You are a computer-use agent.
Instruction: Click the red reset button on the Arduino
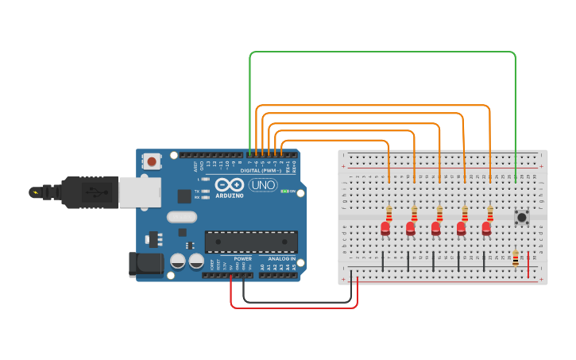pyautogui.click(x=151, y=161)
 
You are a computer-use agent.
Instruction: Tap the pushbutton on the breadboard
pyautogui.click(x=522, y=216)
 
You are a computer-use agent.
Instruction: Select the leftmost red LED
pyautogui.click(x=385, y=228)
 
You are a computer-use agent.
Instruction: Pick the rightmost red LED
pyautogui.click(x=486, y=228)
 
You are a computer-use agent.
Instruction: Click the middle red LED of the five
pyautogui.click(x=436, y=228)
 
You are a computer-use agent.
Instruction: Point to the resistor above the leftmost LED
pyautogui.click(x=389, y=213)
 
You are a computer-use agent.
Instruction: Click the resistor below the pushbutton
pyautogui.click(x=516, y=258)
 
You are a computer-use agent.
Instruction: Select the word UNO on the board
pyautogui.click(x=263, y=185)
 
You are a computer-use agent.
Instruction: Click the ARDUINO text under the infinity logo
pyautogui.click(x=229, y=195)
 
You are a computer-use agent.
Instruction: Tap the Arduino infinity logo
pyautogui.click(x=229, y=184)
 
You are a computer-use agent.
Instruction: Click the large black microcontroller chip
pyautogui.click(x=251, y=242)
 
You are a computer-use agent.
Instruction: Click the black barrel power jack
pyautogui.click(x=145, y=264)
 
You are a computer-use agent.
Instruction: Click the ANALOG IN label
pyautogui.click(x=281, y=259)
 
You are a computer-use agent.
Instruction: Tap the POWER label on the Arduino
pyautogui.click(x=242, y=259)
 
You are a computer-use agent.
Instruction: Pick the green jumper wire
pyautogui.click(x=381, y=52)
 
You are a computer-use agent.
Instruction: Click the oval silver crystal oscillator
pyautogui.click(x=181, y=216)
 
